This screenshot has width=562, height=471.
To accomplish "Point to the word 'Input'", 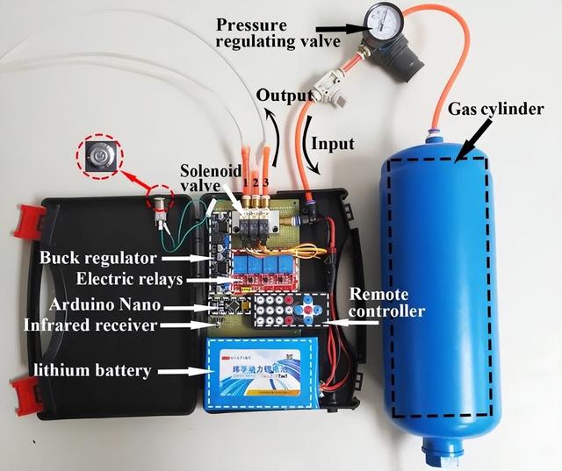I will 333,144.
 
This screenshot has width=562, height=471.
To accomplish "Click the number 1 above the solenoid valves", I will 247,182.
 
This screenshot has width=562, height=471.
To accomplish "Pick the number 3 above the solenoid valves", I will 266,182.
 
